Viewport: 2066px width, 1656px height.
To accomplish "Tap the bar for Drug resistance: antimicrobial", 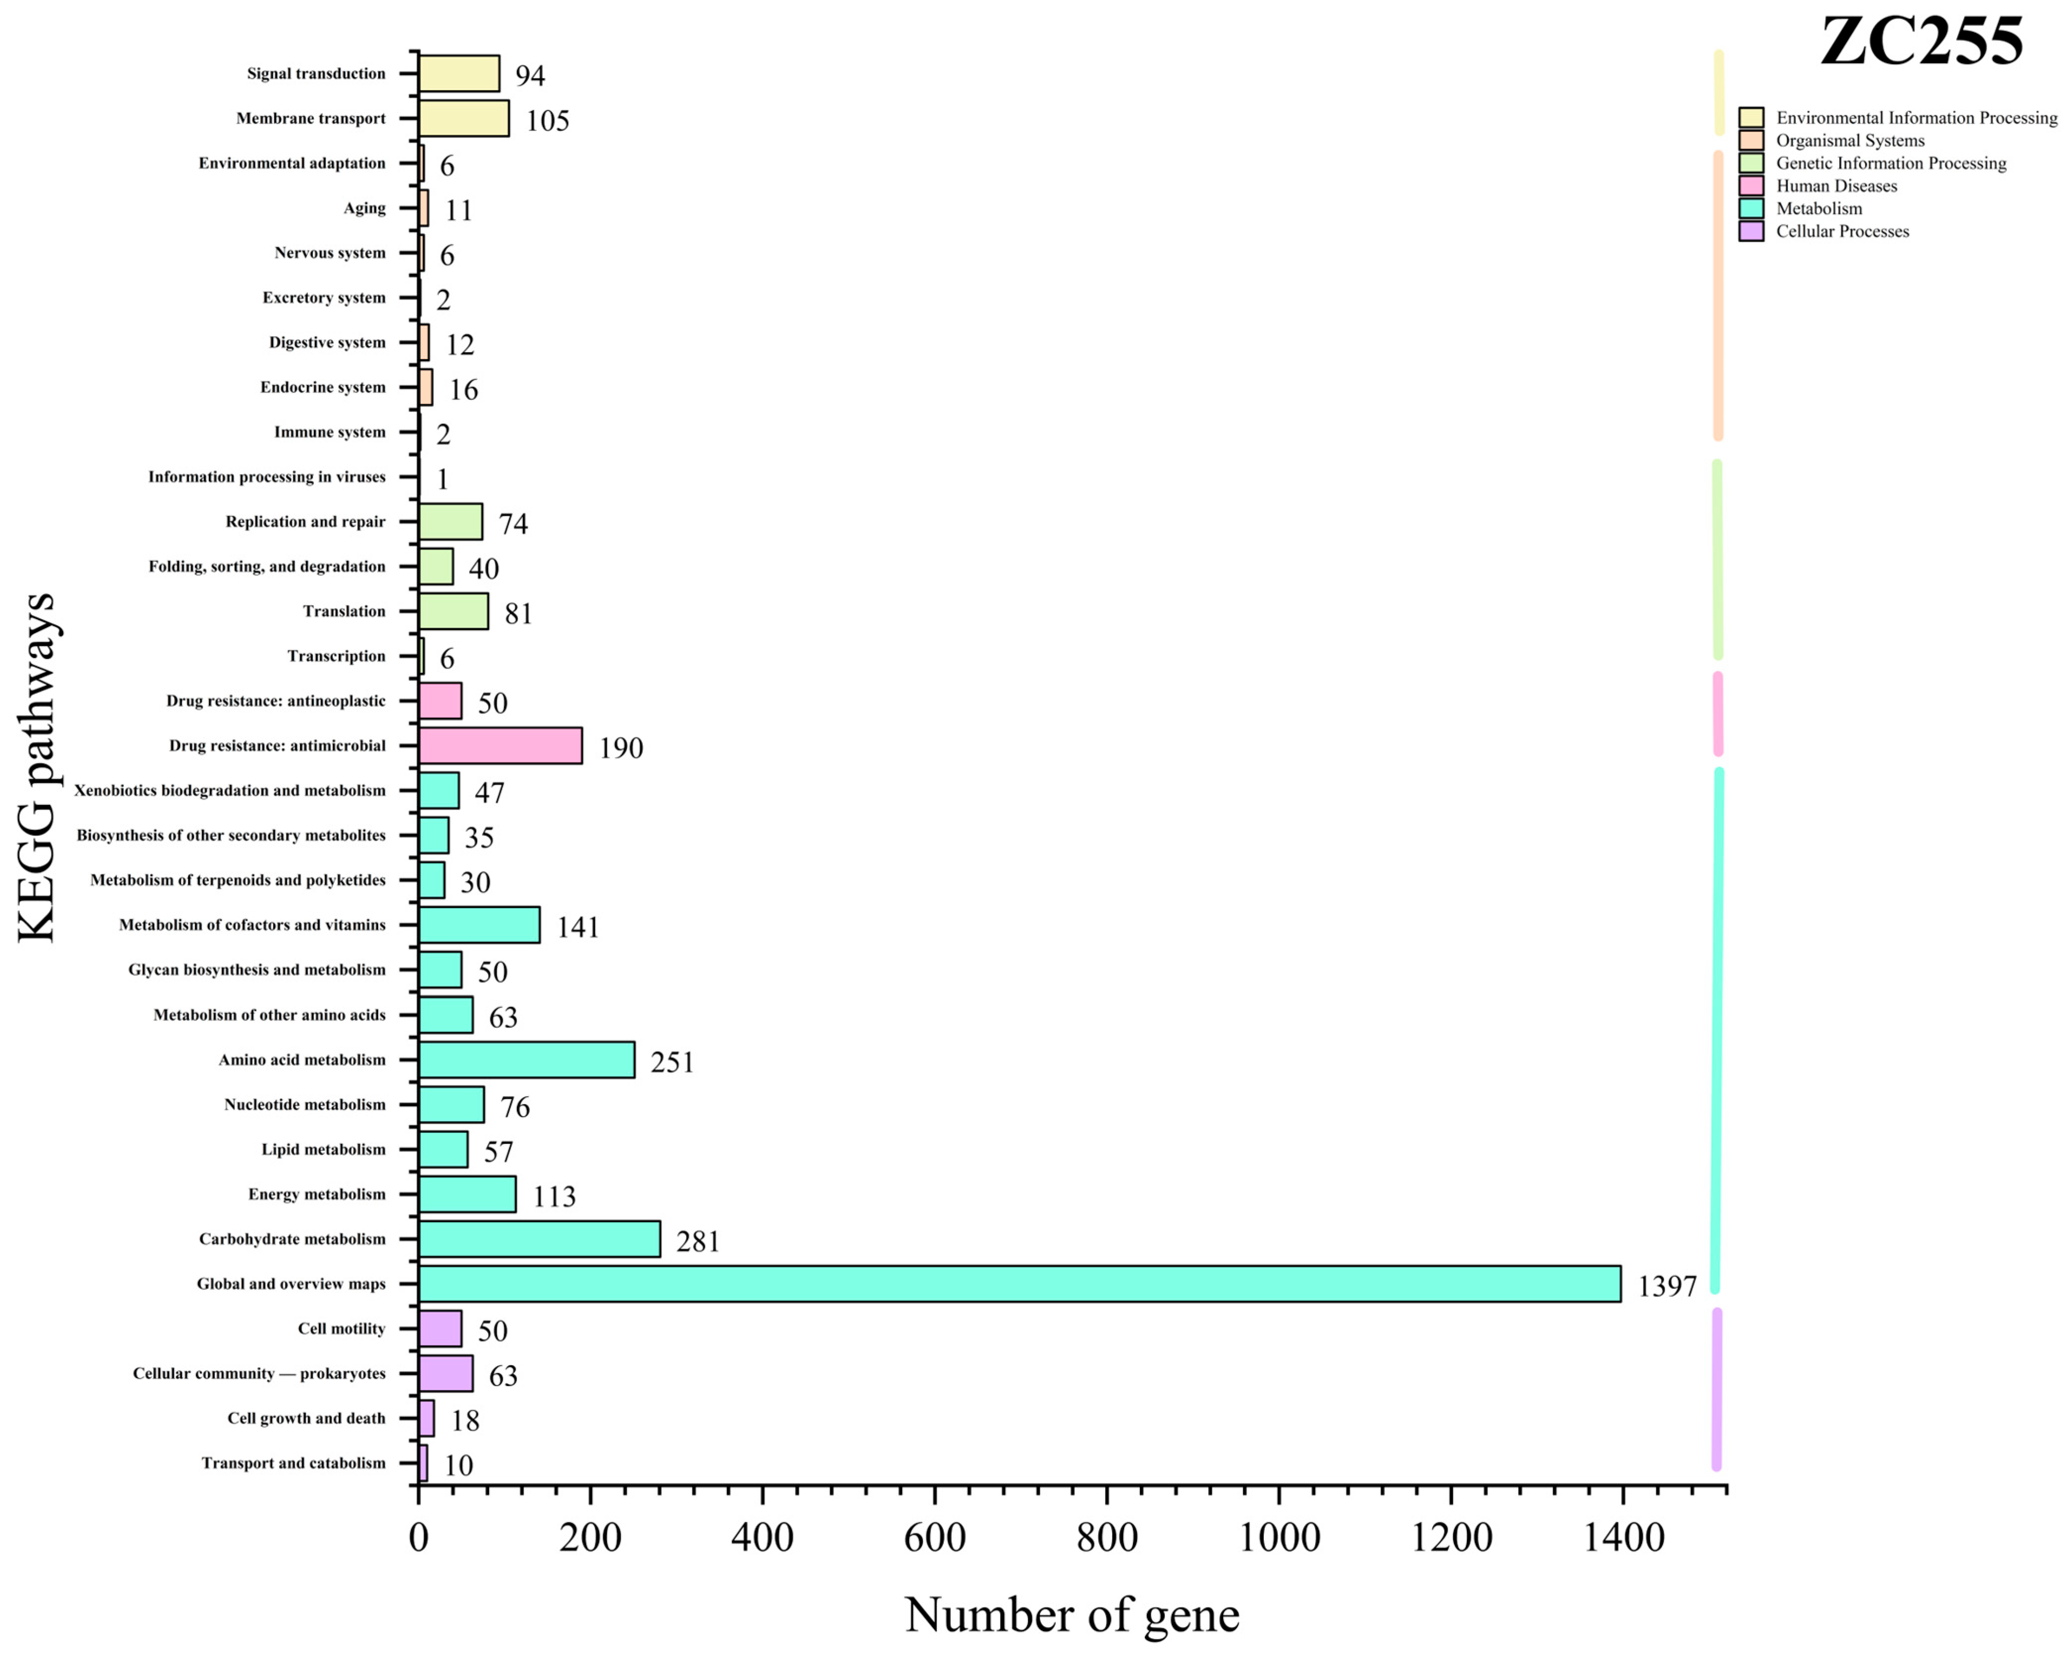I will coord(500,746).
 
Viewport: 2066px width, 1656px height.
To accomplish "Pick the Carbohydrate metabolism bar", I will coord(539,1238).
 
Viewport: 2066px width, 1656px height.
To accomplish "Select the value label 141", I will coord(578,927).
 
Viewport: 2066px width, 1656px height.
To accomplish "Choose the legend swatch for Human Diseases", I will coord(1751,186).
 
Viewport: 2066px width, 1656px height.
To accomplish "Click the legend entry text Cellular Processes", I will coord(1842,231).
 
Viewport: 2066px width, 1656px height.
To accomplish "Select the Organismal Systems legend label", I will coord(1850,141).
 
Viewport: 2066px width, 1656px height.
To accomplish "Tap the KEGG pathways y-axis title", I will coord(38,767).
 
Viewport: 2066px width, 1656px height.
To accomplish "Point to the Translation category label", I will coord(344,611).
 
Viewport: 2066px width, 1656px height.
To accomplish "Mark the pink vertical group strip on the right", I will coord(1717,714).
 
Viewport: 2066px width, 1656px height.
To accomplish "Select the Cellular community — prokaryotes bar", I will coord(446,1373).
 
